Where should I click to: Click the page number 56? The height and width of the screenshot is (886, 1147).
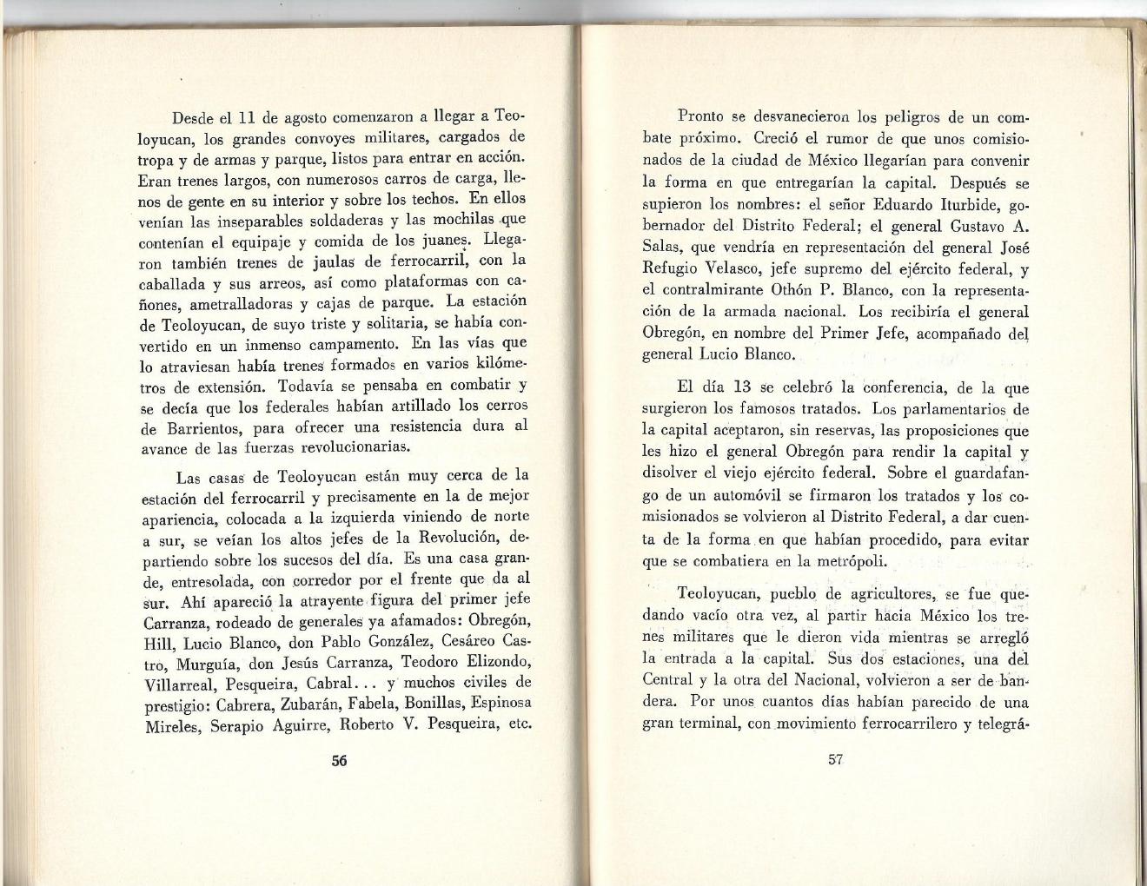click(339, 760)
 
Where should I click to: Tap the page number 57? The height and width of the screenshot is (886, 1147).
click(836, 758)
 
